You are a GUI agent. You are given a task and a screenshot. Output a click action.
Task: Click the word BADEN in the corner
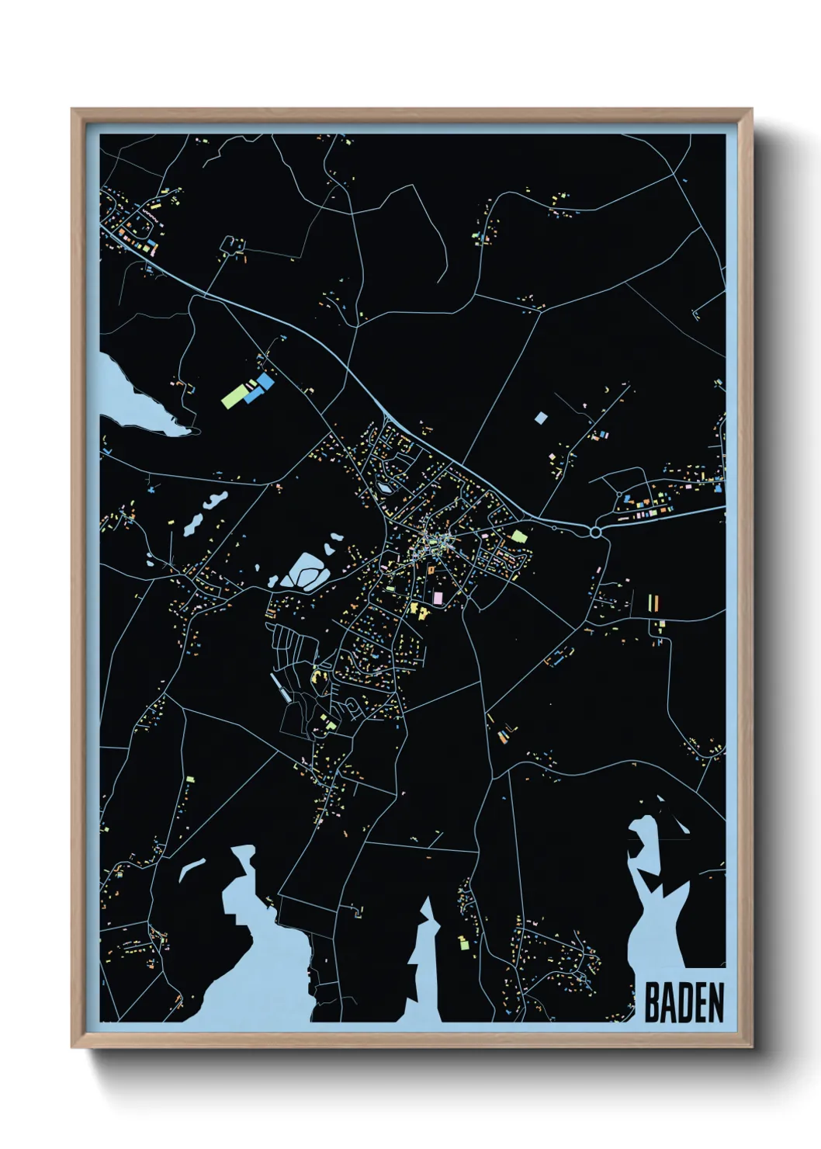pyautogui.click(x=684, y=1002)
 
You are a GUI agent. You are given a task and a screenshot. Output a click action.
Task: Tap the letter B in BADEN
pyautogui.click(x=653, y=1002)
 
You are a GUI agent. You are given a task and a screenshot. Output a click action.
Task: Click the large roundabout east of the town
pyautogui.click(x=595, y=533)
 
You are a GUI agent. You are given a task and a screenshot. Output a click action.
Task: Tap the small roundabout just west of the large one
pyautogui.click(x=554, y=528)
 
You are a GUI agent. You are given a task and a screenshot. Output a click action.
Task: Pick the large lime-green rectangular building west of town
pyautogui.click(x=233, y=397)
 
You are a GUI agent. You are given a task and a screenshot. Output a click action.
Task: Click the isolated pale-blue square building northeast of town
pyautogui.click(x=541, y=418)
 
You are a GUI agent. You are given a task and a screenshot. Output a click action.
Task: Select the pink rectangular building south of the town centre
pyautogui.click(x=438, y=598)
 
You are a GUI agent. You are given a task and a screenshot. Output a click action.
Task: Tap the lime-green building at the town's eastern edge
pyautogui.click(x=518, y=536)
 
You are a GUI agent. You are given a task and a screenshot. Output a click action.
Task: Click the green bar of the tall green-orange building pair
pyautogui.click(x=650, y=603)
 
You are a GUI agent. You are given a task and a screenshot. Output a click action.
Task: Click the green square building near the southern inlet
pyautogui.click(x=464, y=943)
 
